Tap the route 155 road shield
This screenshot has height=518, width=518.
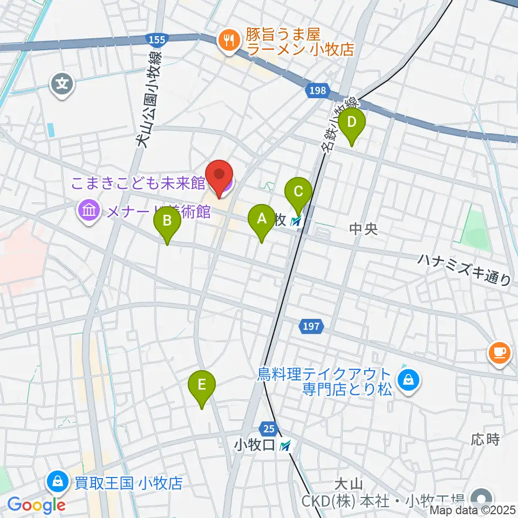click(156, 39)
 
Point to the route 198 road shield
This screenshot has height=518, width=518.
click(317, 90)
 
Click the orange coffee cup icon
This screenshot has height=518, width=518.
click(499, 353)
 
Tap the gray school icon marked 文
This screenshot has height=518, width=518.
click(63, 84)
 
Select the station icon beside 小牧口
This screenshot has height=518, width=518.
click(286, 446)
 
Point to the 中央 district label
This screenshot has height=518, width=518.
click(363, 230)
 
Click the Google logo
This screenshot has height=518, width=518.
click(37, 506)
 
